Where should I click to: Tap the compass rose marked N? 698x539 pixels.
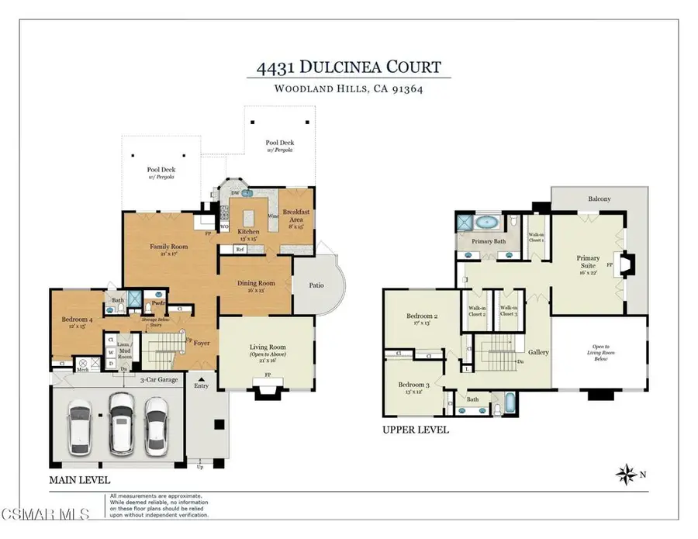coord(626,472)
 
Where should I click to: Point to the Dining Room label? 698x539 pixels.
coord(255,285)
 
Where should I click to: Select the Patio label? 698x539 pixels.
coord(316,285)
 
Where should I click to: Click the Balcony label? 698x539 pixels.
coord(600,199)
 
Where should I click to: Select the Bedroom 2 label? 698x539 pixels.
coord(423,318)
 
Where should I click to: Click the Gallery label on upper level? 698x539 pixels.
coord(538,352)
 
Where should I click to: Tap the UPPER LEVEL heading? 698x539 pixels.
coord(416,430)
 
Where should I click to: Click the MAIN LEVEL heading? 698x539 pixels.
coord(80,480)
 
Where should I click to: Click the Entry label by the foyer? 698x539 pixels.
coord(202,385)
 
